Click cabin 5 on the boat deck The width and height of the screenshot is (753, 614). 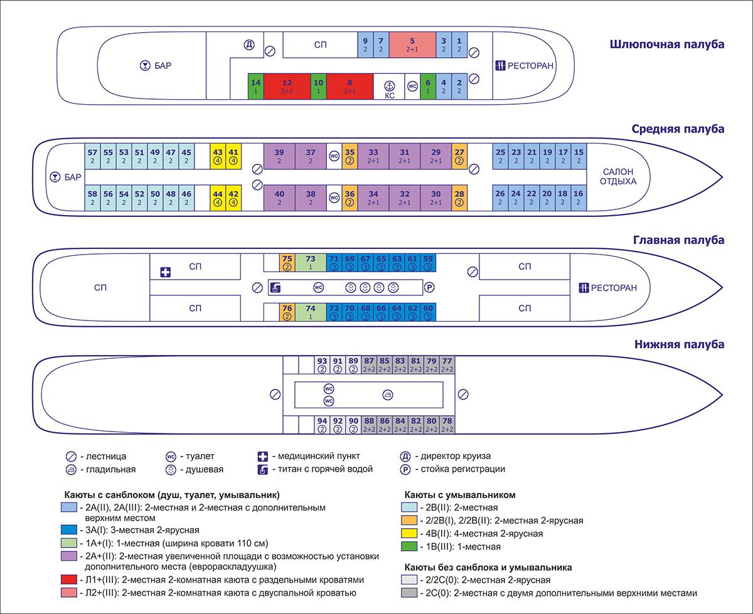[412, 44]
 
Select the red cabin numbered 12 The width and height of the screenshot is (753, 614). [287, 86]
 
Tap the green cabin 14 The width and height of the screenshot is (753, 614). [255, 86]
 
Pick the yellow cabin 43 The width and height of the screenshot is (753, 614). [218, 156]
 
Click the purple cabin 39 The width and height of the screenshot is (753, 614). [279, 156]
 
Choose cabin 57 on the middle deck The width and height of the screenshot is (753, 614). [92, 156]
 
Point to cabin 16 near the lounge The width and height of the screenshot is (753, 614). [579, 198]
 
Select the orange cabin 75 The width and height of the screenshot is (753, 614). [287, 262]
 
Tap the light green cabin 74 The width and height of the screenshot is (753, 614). [310, 312]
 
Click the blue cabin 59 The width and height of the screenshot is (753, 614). [428, 262]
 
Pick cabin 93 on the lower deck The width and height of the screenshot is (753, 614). [322, 364]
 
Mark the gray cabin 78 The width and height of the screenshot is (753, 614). [447, 424]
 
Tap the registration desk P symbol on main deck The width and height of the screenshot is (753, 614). [429, 288]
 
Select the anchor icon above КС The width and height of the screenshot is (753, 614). [389, 84]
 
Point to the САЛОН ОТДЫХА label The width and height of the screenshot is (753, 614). [619, 176]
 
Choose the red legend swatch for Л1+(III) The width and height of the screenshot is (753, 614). [69, 580]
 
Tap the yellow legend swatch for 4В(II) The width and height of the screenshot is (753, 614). [409, 534]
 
